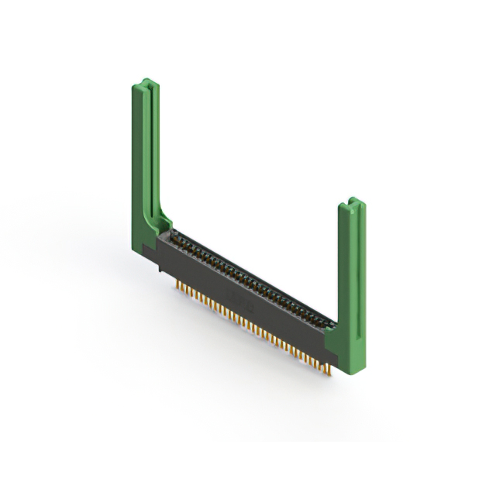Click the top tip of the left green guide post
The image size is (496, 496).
[144, 81]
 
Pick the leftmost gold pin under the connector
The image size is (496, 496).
[180, 288]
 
